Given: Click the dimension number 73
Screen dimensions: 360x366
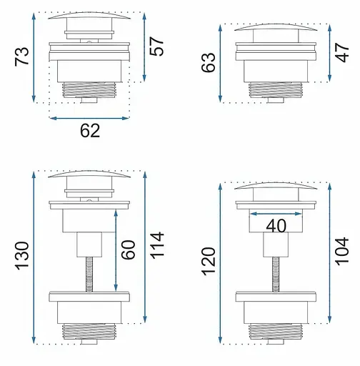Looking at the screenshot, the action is (22, 56).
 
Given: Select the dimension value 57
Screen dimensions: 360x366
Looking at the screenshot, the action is (156, 46).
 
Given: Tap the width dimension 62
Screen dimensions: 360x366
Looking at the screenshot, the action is (90, 131).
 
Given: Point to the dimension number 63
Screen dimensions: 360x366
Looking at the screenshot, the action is (209, 62).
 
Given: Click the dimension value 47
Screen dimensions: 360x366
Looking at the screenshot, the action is (342, 52).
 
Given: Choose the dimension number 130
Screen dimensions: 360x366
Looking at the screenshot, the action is (22, 256).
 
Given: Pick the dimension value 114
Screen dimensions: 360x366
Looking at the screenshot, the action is (157, 245).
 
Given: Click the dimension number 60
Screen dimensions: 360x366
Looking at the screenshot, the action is (128, 249).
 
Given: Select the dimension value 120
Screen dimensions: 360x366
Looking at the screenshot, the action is (209, 262).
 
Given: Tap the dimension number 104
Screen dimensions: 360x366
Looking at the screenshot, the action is (342, 251).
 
